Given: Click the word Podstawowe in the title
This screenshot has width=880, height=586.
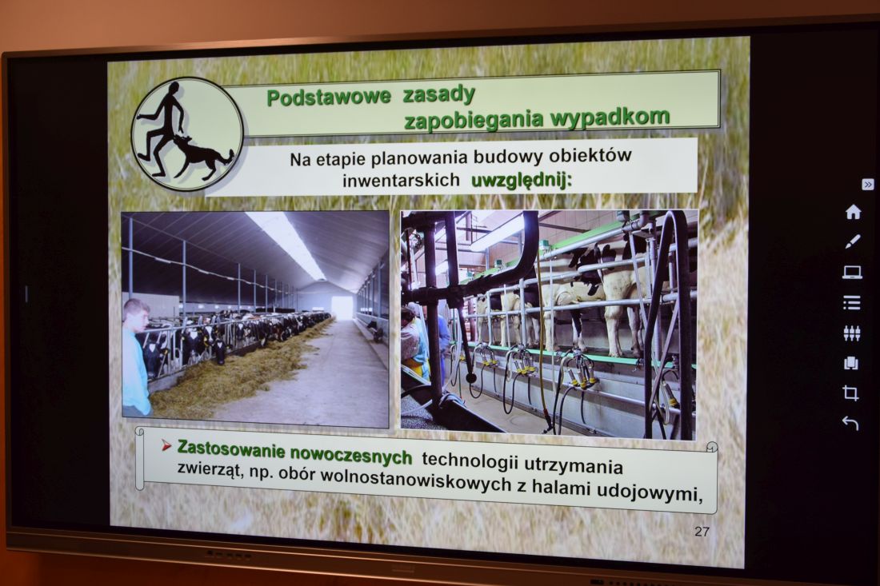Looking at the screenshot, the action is [328, 97].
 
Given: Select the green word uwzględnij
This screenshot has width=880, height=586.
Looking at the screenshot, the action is [521, 181].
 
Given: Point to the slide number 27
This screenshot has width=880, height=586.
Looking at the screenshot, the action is [702, 531].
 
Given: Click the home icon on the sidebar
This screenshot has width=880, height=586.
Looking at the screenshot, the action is [853, 212].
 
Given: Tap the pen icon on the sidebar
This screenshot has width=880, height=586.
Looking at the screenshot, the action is [853, 242].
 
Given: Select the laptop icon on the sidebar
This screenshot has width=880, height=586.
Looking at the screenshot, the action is [852, 273].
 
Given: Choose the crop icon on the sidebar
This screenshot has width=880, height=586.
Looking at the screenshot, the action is [851, 393].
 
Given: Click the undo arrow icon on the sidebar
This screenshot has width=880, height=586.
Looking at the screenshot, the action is [850, 424].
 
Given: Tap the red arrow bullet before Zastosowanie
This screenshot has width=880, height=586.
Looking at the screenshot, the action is [166, 446].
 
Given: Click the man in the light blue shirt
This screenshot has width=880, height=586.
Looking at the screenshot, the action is [136, 358].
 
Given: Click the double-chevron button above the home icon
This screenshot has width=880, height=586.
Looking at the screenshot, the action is [867, 185].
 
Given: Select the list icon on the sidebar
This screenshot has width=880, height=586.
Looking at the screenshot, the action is [851, 303].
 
